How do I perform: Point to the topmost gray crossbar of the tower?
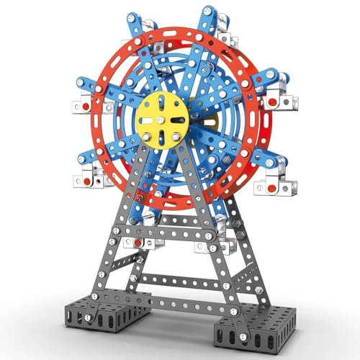coord(176,209)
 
